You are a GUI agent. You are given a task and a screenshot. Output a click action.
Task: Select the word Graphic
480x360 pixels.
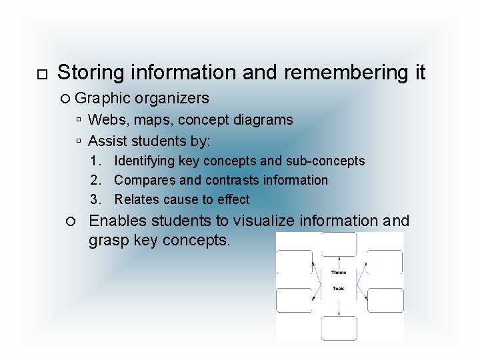(103, 99)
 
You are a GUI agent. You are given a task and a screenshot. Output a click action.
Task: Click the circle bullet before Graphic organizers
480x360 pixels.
(65, 99)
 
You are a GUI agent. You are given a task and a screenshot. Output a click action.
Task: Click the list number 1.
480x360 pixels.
(96, 161)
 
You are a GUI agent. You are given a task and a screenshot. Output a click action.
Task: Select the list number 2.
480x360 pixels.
(96, 180)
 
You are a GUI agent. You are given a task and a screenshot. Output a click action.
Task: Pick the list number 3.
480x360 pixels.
(96, 199)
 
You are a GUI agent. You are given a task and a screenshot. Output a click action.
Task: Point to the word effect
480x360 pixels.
(234, 199)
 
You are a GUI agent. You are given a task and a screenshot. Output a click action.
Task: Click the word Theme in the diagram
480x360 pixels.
(339, 273)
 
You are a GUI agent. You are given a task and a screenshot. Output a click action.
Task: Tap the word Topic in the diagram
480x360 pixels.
(339, 288)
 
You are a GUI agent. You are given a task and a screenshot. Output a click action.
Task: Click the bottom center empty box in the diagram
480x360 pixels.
(339, 328)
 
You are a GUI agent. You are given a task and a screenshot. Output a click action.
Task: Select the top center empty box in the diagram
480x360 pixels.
(339, 244)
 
